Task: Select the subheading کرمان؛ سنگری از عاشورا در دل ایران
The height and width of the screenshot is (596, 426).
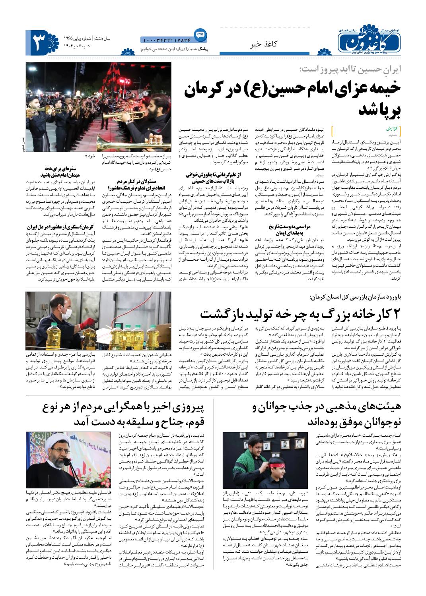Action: [60, 227]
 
